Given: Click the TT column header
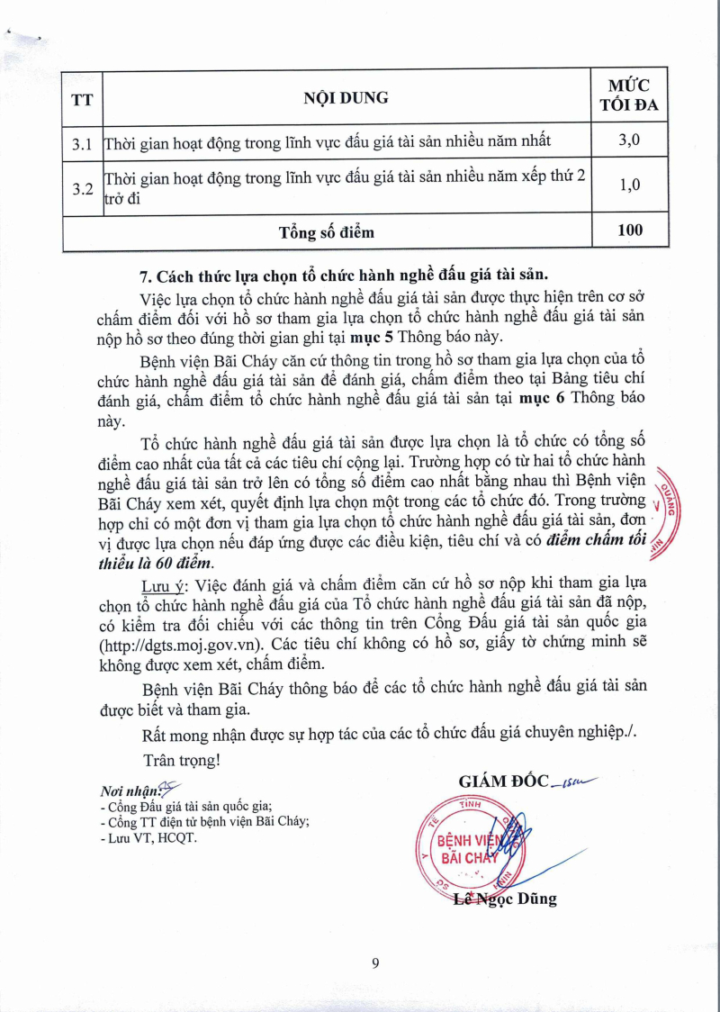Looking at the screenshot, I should [81, 96].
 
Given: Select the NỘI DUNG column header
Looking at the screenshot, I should [346, 96].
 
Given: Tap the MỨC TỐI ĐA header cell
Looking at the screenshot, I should [630, 95].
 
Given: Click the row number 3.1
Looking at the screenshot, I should [82, 142].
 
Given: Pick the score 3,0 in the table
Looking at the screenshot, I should [630, 141].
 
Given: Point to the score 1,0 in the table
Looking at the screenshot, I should [630, 185].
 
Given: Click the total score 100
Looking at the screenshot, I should [630, 230].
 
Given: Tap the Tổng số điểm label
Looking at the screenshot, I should [326, 231].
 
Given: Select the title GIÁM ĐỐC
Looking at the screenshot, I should [503, 781].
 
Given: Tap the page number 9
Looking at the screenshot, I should [374, 963].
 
